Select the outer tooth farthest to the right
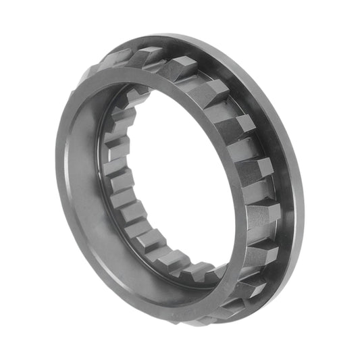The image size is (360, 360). tap(264, 220)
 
